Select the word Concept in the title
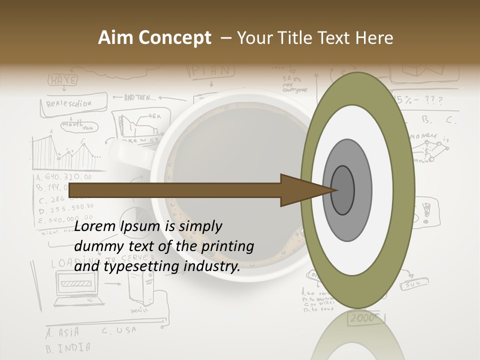[x=174, y=38]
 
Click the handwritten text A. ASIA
[x=63, y=332]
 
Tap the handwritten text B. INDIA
[x=68, y=347]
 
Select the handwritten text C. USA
[x=119, y=330]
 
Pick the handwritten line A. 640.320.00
[x=64, y=177]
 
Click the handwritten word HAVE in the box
[x=63, y=80]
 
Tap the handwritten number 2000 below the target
[x=363, y=318]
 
